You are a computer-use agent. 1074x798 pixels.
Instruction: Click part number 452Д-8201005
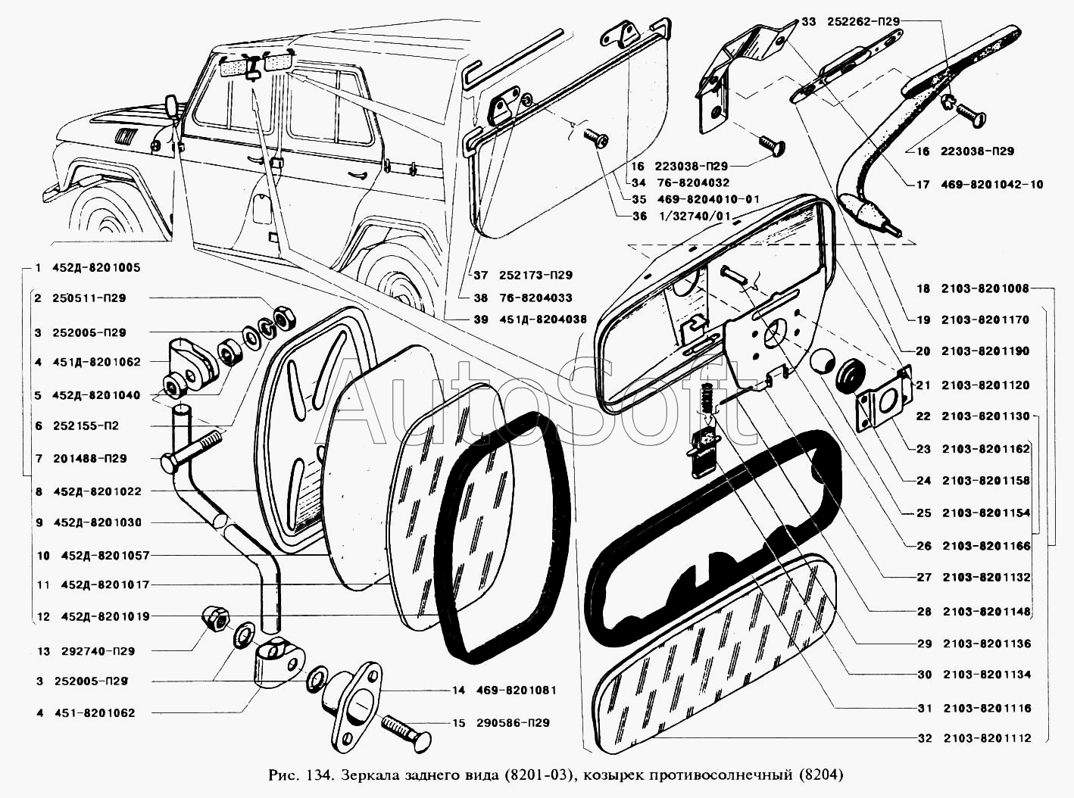click(96, 268)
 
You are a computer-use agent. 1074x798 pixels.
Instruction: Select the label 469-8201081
click(517, 690)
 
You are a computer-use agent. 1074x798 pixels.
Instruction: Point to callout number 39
click(481, 320)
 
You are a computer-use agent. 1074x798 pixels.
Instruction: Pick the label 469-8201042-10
click(991, 185)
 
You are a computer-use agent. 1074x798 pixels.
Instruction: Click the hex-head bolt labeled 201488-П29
click(191, 450)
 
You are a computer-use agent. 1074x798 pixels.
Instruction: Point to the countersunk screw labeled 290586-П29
click(406, 734)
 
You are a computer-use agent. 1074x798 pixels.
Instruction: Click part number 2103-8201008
click(985, 288)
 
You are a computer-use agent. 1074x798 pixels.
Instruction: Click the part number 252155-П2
click(86, 426)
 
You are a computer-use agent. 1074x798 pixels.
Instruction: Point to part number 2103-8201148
click(987, 612)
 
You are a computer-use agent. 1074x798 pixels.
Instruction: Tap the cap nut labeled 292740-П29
click(215, 619)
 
